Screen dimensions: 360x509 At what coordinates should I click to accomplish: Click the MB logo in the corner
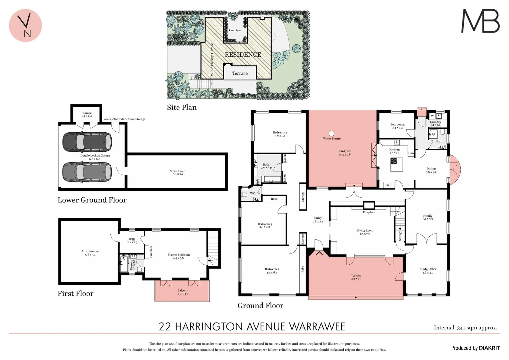point(480,21)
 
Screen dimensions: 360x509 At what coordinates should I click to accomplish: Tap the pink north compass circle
point(25,25)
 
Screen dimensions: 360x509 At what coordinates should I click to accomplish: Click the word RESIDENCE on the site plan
point(243,55)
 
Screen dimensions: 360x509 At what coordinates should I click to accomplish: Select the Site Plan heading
point(182,107)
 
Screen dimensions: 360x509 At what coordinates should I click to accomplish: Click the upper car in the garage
point(87,141)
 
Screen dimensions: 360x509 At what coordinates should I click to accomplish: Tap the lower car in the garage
point(87,172)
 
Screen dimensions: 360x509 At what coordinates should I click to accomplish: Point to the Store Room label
point(177,172)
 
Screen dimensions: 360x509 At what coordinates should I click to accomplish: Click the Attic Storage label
point(90,253)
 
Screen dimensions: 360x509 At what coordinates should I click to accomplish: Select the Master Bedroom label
point(179,256)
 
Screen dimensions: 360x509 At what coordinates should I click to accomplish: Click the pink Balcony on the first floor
point(182,292)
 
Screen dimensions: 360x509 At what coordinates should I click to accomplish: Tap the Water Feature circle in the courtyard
point(331,134)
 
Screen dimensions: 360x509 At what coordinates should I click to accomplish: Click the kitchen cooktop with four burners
point(394,161)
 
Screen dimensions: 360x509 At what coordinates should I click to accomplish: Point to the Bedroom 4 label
point(280,134)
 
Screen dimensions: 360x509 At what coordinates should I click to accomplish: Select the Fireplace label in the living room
point(369,212)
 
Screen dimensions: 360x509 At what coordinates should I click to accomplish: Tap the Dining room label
point(431,170)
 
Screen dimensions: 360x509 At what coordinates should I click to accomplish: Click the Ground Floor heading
point(260,306)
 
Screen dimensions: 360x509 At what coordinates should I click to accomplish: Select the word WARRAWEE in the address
point(317,327)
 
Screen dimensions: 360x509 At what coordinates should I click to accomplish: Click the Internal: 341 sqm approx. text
point(465,328)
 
